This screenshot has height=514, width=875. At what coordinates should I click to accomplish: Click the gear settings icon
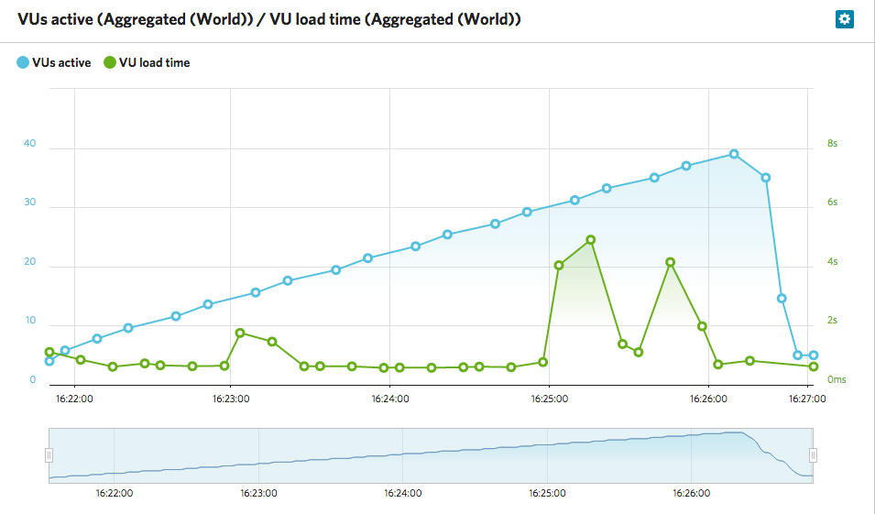(844, 19)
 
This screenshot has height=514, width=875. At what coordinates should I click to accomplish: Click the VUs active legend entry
(54, 63)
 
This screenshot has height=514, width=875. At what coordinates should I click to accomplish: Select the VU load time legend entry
(147, 63)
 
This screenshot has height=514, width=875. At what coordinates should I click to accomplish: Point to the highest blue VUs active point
(734, 154)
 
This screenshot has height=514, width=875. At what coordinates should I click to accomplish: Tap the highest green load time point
(591, 240)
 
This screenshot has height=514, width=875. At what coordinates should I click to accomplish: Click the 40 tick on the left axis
(30, 144)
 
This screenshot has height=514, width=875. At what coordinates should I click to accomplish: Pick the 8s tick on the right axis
(832, 144)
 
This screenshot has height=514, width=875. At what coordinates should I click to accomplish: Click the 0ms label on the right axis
(836, 379)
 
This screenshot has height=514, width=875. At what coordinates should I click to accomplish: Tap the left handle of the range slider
(49, 455)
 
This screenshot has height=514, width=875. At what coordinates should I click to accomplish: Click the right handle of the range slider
(813, 455)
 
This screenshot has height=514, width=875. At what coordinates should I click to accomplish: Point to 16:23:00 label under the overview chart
(258, 493)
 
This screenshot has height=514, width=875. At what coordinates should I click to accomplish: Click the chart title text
(269, 19)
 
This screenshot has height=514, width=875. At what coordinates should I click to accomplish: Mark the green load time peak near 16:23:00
(240, 333)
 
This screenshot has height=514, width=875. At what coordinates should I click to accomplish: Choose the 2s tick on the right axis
(832, 321)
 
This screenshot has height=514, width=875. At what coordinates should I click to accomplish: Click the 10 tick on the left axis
(30, 321)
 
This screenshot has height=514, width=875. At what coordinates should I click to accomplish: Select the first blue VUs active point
(49, 361)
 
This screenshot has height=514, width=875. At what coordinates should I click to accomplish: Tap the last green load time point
(814, 366)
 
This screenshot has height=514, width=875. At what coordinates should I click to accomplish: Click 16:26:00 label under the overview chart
(692, 493)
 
